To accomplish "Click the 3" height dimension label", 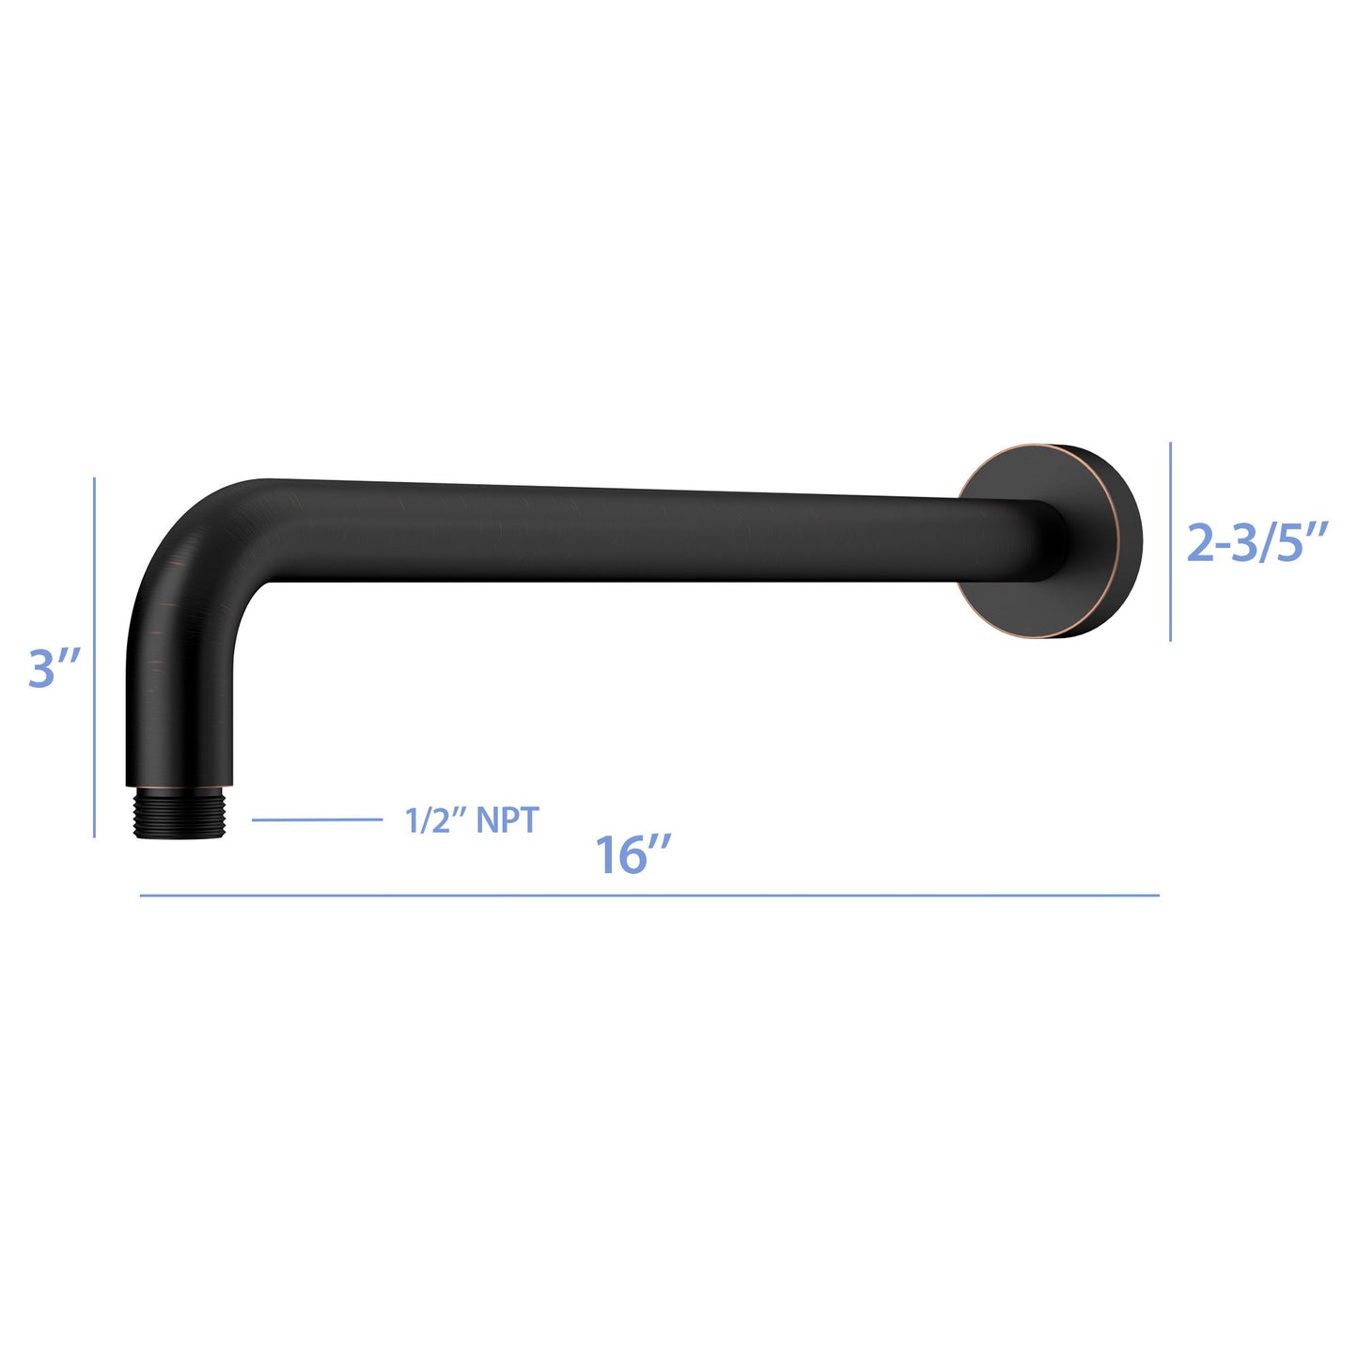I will pos(55,668).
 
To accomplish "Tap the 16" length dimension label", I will pos(632,854).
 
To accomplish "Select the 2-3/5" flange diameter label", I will pos(1257,542).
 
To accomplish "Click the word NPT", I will pos(507,819).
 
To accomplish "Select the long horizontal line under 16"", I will pos(648,896).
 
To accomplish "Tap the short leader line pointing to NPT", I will pos(317,819).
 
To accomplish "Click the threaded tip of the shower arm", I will pos(179,814).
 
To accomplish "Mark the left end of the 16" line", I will pos(141,896).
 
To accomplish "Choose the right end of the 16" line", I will pos(1158,896).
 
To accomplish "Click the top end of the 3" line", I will pos(95,479).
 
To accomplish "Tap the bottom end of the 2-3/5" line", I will pos(1170,640).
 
